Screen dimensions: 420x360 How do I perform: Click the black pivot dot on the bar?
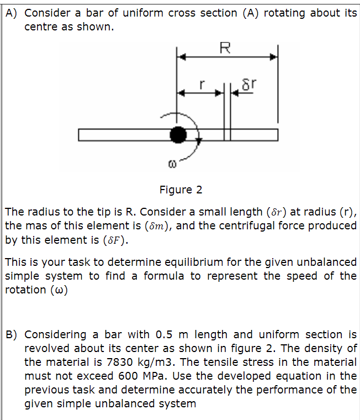click(x=177, y=134)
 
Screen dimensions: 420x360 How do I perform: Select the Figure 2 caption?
click(x=181, y=190)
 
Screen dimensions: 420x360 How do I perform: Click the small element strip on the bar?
click(x=227, y=134)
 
